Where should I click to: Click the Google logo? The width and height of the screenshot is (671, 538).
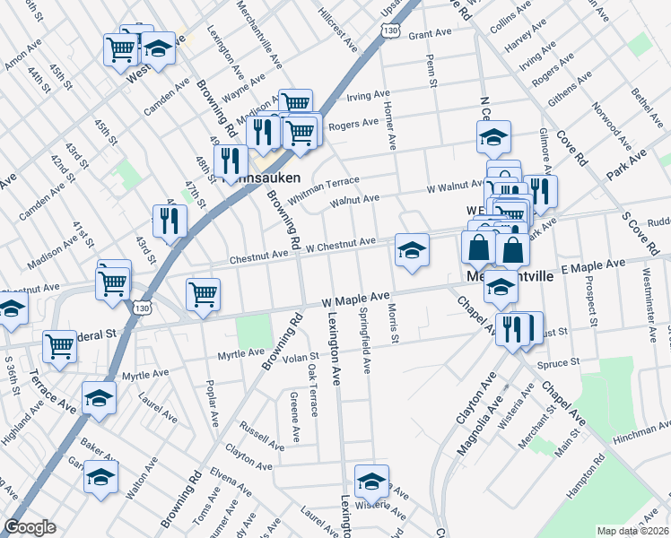pos(30,528)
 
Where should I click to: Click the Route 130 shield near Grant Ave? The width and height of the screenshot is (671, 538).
pos(389,30)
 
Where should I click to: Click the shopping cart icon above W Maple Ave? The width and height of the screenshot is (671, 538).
pos(204,293)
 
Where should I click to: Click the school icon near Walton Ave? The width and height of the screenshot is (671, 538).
pos(101,477)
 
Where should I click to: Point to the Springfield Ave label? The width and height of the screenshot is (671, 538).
pos(365,342)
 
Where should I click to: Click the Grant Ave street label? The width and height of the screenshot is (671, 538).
pos(429,34)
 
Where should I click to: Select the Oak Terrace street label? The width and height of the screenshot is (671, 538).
pos(313,391)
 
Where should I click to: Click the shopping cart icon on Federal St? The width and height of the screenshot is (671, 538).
pos(59,345)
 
